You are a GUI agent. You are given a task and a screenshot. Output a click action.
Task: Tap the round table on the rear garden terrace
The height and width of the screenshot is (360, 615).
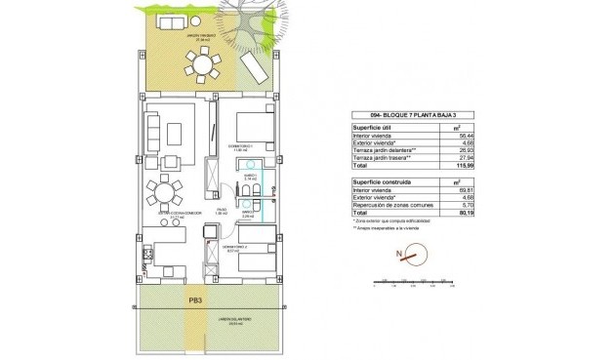(x=205, y=65)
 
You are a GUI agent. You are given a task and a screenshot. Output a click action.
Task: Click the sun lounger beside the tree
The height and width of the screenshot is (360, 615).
(x=254, y=67)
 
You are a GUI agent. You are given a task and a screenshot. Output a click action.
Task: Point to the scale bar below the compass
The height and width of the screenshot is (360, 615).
(x=415, y=284)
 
